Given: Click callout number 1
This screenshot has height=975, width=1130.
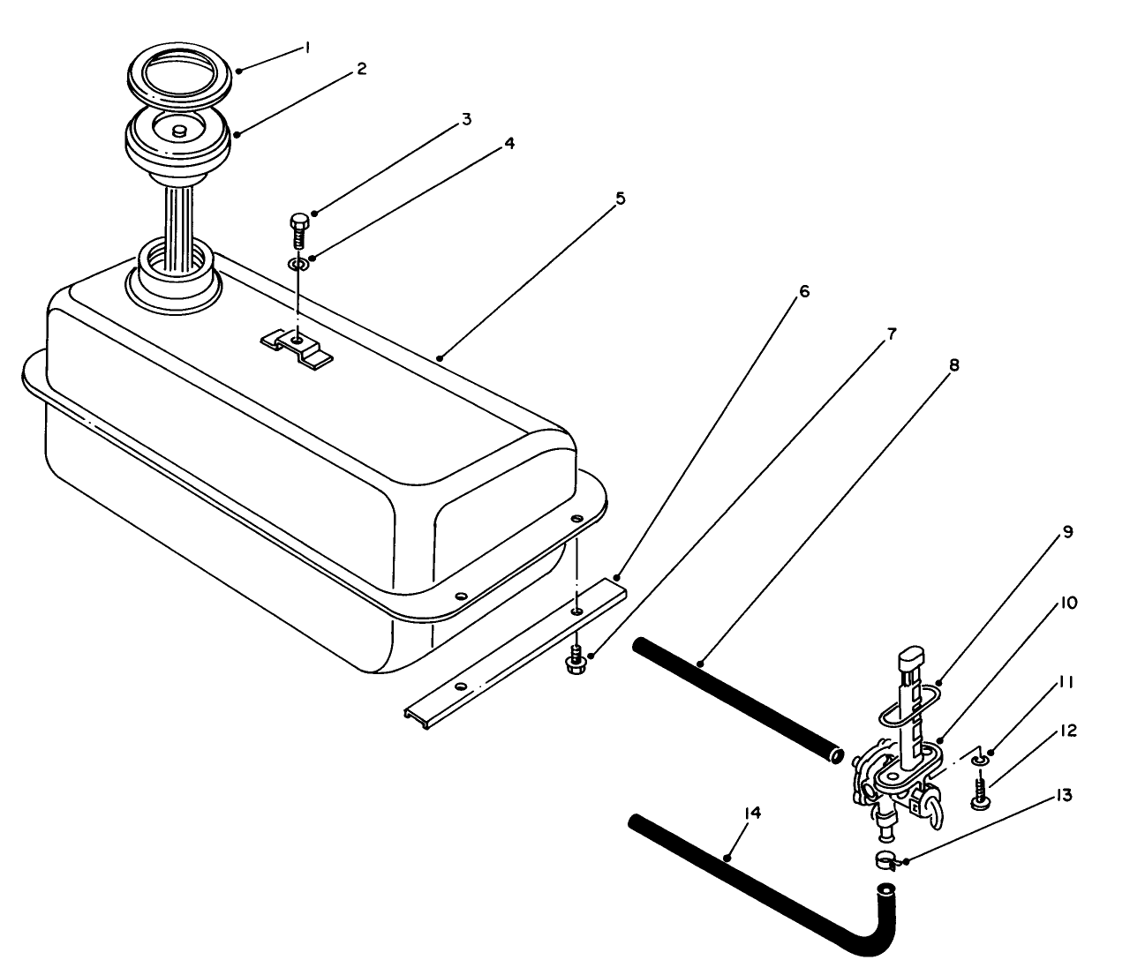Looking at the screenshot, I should (306, 49).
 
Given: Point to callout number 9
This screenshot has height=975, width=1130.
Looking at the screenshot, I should (1067, 532).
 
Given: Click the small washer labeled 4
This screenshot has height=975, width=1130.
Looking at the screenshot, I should (299, 263).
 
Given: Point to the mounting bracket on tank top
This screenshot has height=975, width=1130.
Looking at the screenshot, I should (297, 347).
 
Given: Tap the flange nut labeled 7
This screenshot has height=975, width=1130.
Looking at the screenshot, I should (576, 661).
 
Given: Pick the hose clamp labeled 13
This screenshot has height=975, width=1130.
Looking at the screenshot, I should (886, 859).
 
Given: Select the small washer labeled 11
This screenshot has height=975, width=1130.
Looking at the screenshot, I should (978, 760).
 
